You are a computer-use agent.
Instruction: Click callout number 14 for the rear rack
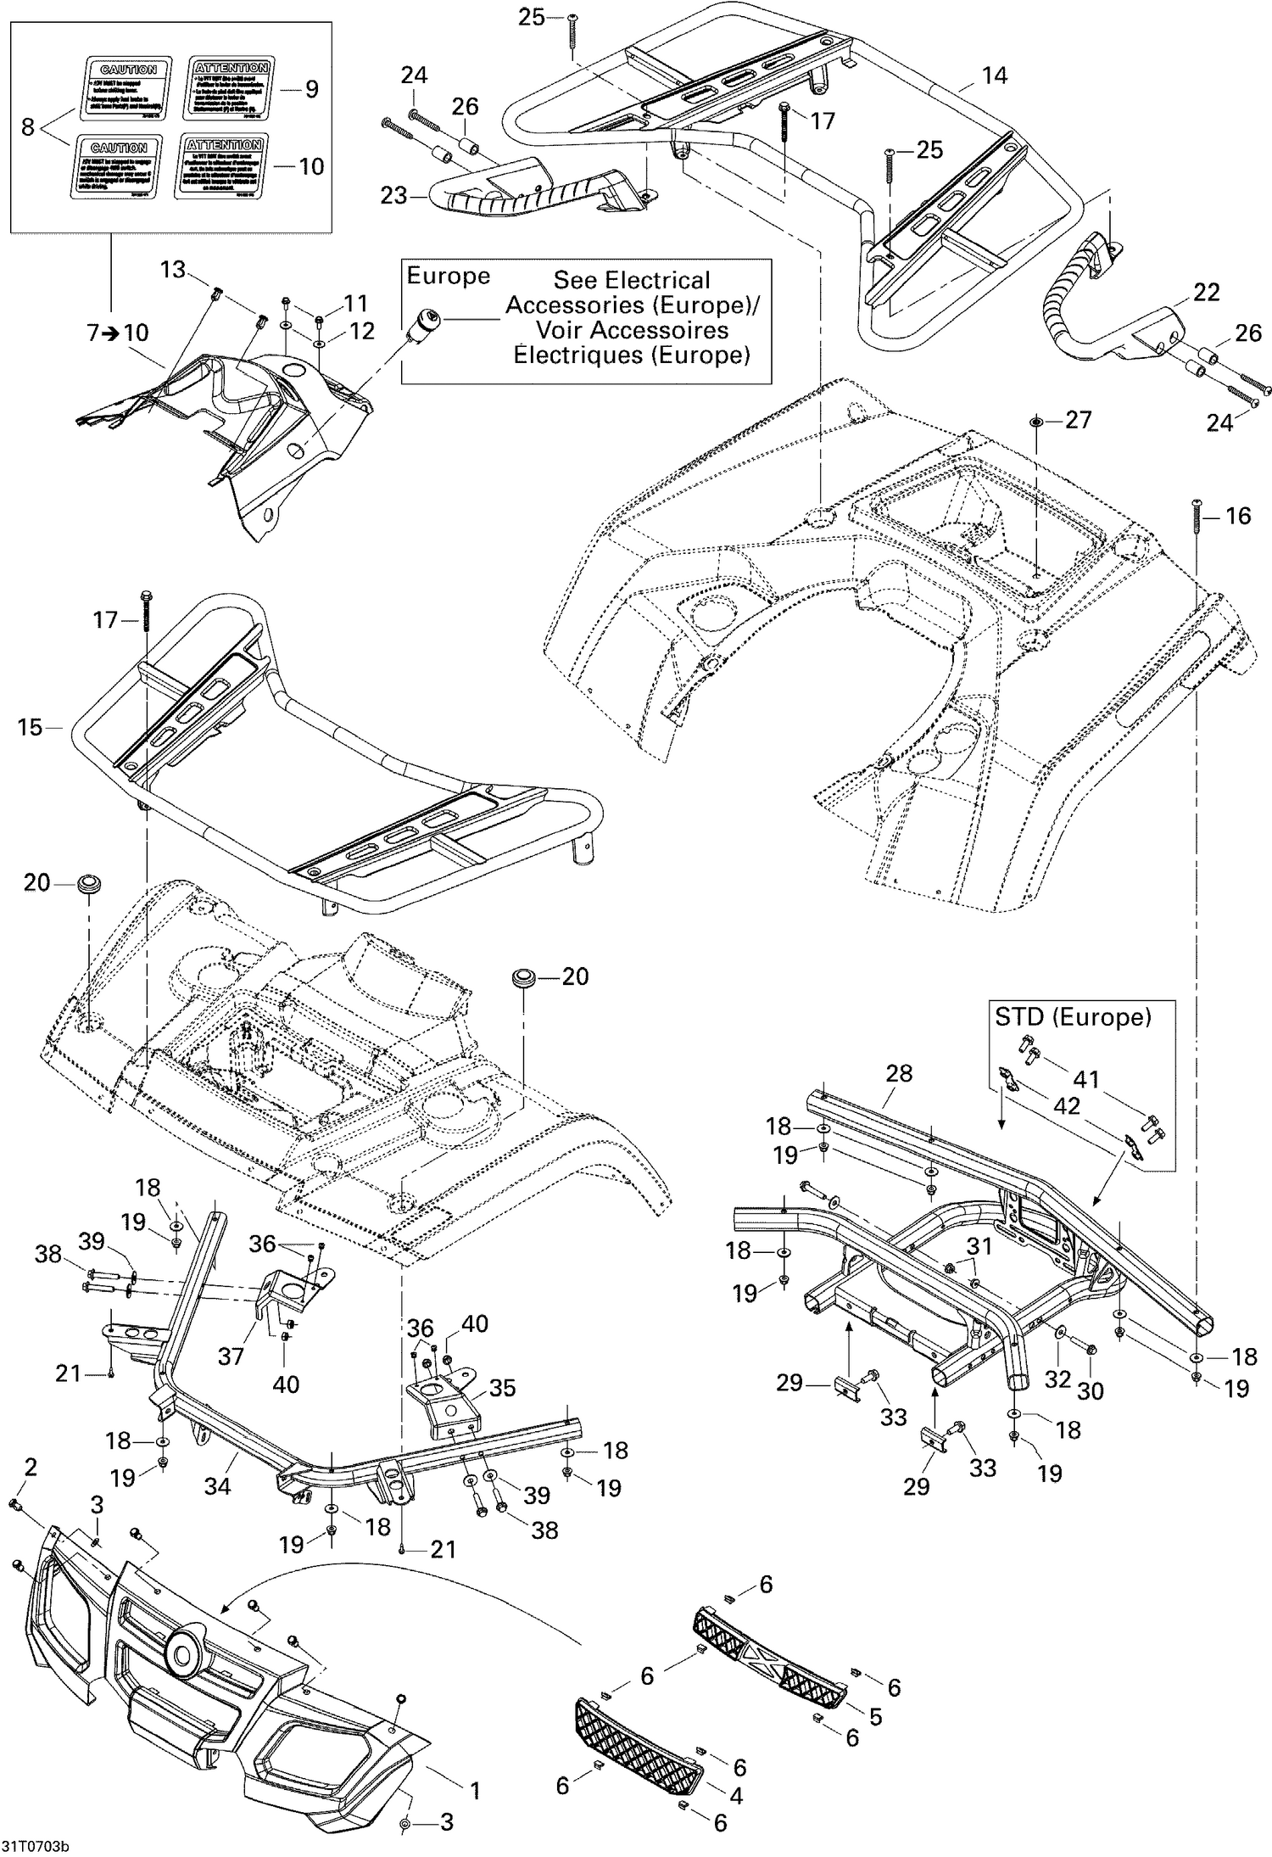pyautogui.click(x=994, y=76)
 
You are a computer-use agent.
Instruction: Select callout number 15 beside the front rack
pyautogui.click(x=30, y=727)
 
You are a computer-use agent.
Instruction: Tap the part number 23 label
pyautogui.click(x=393, y=196)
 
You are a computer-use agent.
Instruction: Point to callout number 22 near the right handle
pyautogui.click(x=1206, y=294)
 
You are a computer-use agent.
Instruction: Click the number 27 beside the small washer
pyautogui.click(x=1078, y=420)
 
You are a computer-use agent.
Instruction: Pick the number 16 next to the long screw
pyautogui.click(x=1238, y=516)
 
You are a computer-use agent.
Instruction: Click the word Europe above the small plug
pyautogui.click(x=448, y=277)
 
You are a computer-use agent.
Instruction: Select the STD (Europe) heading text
pyautogui.click(x=1073, y=1016)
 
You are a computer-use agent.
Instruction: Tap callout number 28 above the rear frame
pyautogui.click(x=898, y=1073)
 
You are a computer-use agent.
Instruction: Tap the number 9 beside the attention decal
pyautogui.click(x=311, y=88)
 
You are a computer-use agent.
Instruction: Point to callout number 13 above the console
pyautogui.click(x=172, y=270)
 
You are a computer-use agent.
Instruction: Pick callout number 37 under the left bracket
pyautogui.click(x=231, y=1356)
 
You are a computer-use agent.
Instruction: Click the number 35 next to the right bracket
pyautogui.click(x=501, y=1388)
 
